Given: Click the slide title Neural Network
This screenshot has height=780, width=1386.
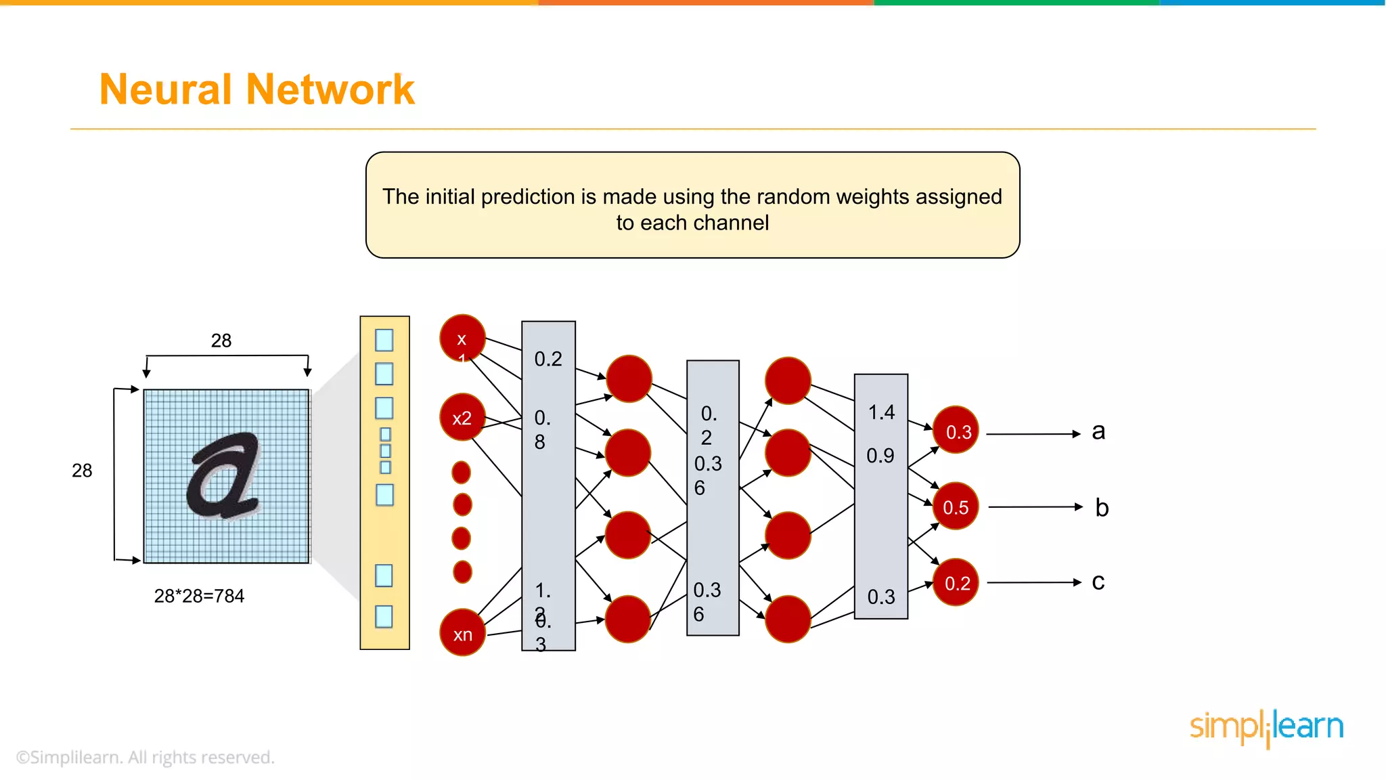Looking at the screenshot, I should click(256, 89).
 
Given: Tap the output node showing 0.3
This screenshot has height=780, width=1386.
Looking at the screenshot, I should click(956, 431).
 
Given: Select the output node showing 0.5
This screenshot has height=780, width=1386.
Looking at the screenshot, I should click(955, 506).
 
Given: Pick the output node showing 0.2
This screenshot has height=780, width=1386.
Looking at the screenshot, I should click(956, 582).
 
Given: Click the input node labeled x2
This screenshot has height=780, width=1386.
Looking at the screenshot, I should click(462, 418).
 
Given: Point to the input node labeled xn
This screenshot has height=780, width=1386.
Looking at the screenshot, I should click(462, 633).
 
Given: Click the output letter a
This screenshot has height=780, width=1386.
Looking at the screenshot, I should click(1098, 431).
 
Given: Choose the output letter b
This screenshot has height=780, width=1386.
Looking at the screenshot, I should click(1102, 507).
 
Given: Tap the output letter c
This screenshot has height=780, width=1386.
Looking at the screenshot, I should click(1098, 582).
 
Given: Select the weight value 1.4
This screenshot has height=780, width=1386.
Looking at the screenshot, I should click(881, 412).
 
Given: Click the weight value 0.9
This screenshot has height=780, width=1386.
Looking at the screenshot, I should click(880, 456).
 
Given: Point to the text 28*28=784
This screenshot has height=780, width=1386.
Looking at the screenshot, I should click(199, 596).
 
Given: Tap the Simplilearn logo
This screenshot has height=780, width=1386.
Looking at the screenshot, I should click(1266, 727).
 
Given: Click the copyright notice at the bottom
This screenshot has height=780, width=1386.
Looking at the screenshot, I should click(146, 757).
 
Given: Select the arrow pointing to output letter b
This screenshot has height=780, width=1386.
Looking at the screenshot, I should click(1035, 506).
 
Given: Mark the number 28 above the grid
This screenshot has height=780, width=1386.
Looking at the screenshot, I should click(221, 341).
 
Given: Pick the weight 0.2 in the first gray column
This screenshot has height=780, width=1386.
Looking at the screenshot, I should click(548, 359).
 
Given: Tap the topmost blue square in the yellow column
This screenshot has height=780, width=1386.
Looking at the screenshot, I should click(384, 340).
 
